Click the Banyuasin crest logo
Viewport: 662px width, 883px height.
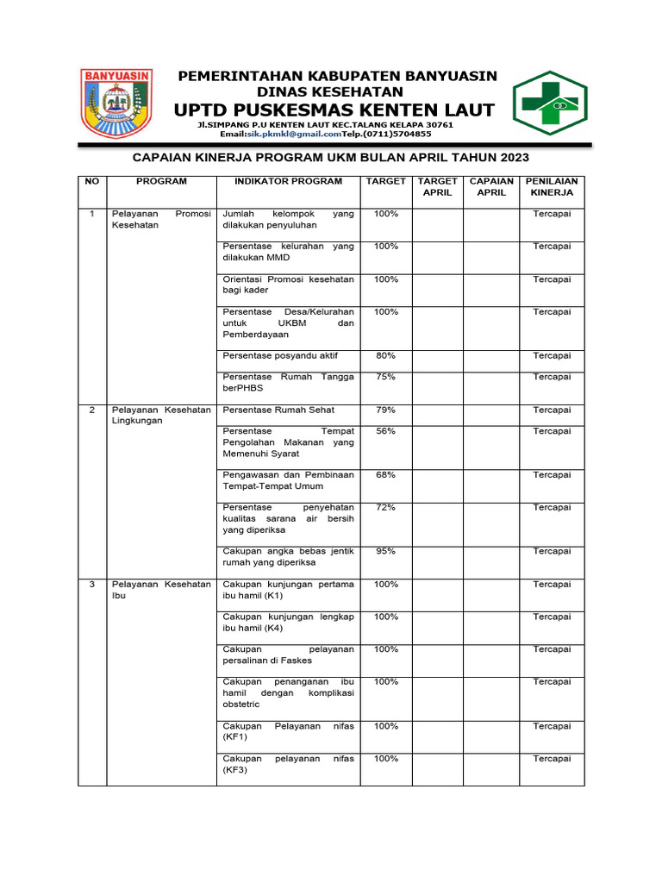point(116,103)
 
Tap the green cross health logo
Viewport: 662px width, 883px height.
point(549,103)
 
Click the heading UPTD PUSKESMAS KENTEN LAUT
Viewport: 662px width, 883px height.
point(334,110)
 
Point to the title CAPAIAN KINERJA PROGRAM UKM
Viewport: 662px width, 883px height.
point(330,158)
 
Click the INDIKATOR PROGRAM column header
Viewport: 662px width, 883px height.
point(289,181)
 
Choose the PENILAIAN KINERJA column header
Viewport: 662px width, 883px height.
point(552,187)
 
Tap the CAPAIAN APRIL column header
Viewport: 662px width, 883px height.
point(491,187)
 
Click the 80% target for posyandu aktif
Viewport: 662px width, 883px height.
point(386,355)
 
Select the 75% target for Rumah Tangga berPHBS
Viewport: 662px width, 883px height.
point(386,377)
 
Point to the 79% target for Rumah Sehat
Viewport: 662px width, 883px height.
point(386,410)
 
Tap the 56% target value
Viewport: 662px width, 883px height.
point(386,430)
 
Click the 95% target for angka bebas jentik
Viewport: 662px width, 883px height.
point(386,551)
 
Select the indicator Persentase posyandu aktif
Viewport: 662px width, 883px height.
point(280,355)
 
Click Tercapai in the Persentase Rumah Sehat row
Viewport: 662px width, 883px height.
point(552,410)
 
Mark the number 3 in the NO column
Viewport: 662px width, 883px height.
point(92,584)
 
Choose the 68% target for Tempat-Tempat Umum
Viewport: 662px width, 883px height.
point(386,474)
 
